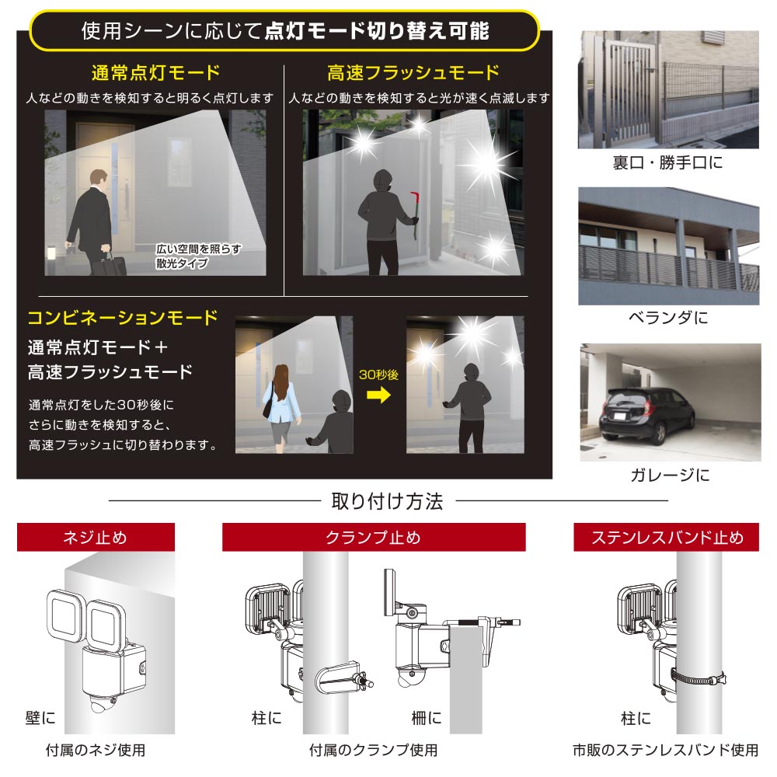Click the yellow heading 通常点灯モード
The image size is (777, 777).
pos(155,73)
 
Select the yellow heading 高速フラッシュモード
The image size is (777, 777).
pos(413,73)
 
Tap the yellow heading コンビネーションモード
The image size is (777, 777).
pos(123,318)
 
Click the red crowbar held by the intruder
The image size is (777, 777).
pos(414,214)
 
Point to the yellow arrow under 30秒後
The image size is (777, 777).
pos(378,395)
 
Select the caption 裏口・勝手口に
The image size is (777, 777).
pos(667,162)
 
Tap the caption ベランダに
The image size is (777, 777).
pos(668,318)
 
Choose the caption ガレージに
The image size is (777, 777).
pos(670,476)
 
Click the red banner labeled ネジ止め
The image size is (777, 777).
pos(96,537)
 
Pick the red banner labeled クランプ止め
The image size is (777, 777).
pos(374,537)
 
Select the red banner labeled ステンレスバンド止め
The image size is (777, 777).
pos(667,537)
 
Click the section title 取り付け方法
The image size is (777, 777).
pos(388,501)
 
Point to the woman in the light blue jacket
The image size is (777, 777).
pos(281,407)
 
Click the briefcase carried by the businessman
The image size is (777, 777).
pos(113,263)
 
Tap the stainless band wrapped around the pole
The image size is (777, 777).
pos(699,678)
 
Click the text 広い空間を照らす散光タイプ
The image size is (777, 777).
pos(198,256)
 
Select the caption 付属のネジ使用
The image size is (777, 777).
pos(96,751)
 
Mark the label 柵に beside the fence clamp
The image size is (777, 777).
pos(426,717)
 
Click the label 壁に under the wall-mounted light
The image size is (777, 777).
pos(40,717)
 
